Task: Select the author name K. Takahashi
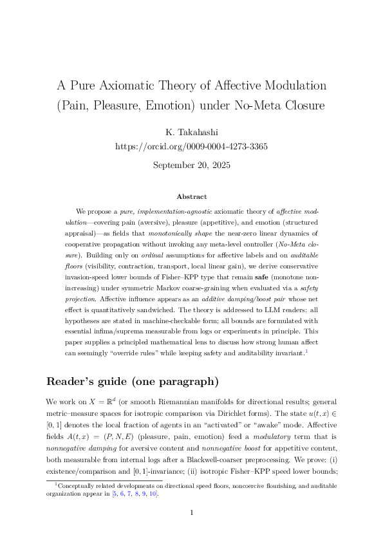point(191,131)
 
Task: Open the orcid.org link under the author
point(191,146)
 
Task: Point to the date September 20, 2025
point(191,165)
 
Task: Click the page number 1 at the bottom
point(191,513)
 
